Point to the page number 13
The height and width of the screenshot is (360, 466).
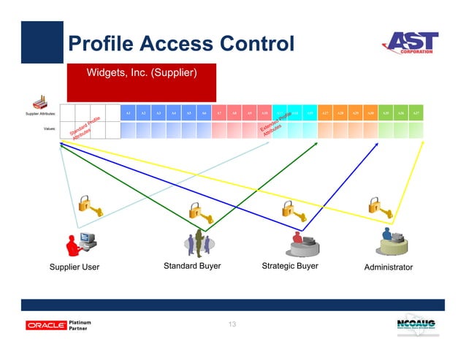pos(232,324)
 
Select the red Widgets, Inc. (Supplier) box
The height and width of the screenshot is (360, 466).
pos(141,82)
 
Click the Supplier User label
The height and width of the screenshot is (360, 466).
pos(75,267)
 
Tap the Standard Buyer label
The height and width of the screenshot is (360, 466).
pos(192,267)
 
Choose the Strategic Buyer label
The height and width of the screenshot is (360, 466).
pos(290,267)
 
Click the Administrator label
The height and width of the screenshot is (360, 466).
pos(388,267)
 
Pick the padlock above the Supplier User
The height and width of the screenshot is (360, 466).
pos(88,204)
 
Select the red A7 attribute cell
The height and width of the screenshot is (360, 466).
pos(220,113)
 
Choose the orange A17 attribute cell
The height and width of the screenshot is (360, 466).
pos(325,113)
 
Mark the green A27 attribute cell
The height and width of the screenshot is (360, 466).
pos(416,113)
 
